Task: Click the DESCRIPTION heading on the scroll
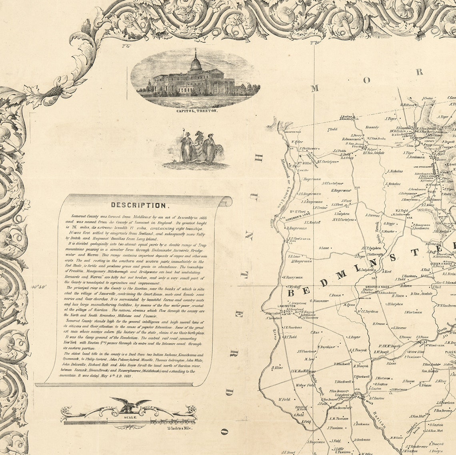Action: tap(138, 205)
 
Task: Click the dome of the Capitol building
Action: tap(196, 63)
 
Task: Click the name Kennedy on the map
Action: tap(372, 127)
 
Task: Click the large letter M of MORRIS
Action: tap(314, 88)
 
